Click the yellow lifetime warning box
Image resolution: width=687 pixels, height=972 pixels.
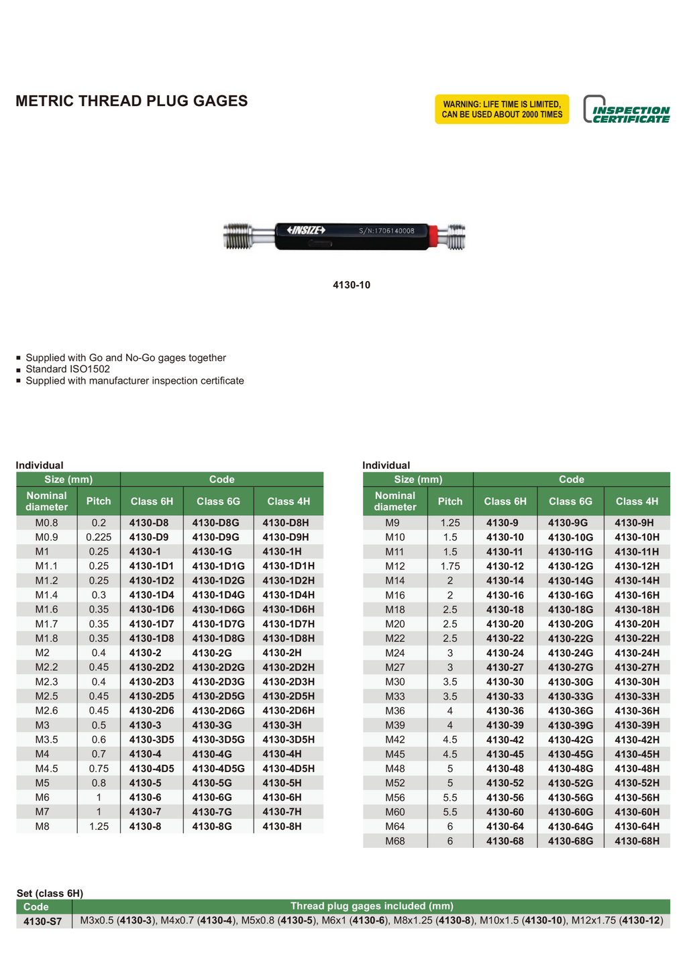pyautogui.click(x=502, y=109)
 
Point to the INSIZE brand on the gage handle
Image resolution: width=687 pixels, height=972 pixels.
pyautogui.click(x=306, y=231)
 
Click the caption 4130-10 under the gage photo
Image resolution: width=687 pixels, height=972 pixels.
pyautogui.click(x=352, y=285)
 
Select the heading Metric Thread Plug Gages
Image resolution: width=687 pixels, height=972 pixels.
pyautogui.click(x=131, y=101)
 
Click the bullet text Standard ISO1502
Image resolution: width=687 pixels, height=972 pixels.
pyautogui.click(x=68, y=369)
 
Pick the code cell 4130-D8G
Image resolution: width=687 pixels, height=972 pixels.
pyautogui.click(x=215, y=523)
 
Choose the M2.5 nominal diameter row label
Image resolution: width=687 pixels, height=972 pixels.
pyautogui.click(x=47, y=696)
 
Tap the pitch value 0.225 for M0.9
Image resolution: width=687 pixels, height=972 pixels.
pyautogui.click(x=99, y=537)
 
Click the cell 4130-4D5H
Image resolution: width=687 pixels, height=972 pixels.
pyautogui.click(x=288, y=769)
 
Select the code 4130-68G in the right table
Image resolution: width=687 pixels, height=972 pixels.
pyautogui.click(x=570, y=841)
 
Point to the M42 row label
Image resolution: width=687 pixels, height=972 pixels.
pyautogui.click(x=395, y=740)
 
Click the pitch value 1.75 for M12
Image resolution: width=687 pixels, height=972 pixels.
pyautogui.click(x=450, y=566)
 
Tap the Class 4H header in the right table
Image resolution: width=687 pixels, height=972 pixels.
pyautogui.click(x=637, y=501)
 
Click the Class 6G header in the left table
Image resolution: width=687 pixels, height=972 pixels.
pyautogui.click(x=218, y=501)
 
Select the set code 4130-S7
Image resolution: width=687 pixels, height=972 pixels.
pyautogui.click(x=42, y=922)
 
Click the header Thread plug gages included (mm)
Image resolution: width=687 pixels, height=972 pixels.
pyautogui.click(x=372, y=906)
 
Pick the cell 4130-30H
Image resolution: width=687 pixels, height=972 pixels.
pyautogui.click(x=637, y=682)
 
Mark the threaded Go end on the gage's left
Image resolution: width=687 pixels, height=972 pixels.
pyautogui.click(x=239, y=235)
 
